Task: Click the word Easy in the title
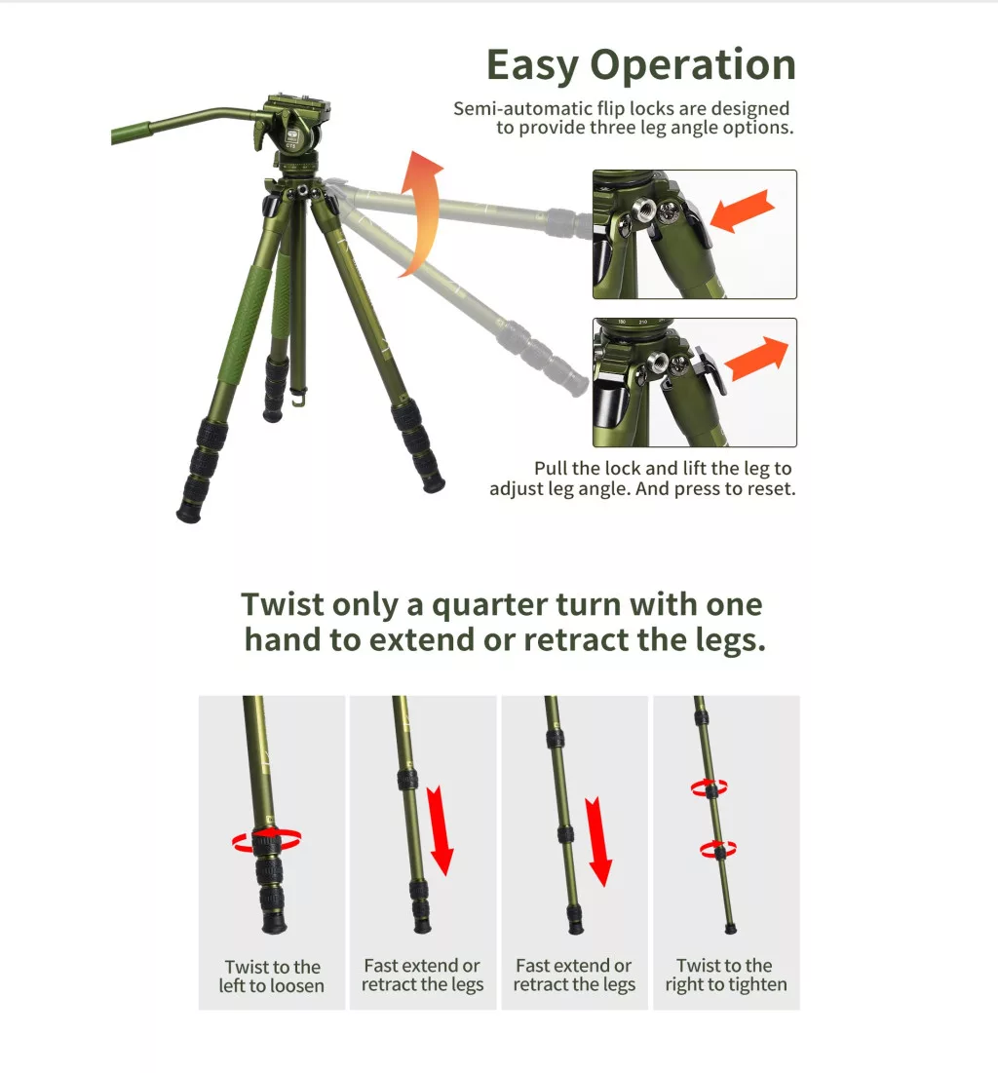click(x=532, y=66)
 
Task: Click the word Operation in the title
click(x=693, y=65)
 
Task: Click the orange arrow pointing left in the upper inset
click(x=743, y=211)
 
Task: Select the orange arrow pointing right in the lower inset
click(x=756, y=358)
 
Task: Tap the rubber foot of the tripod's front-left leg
click(x=188, y=512)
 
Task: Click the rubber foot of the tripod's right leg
click(x=434, y=483)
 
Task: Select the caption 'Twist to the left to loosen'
click(x=272, y=976)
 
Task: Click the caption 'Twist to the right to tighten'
click(x=725, y=975)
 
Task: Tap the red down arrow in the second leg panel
click(x=441, y=830)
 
